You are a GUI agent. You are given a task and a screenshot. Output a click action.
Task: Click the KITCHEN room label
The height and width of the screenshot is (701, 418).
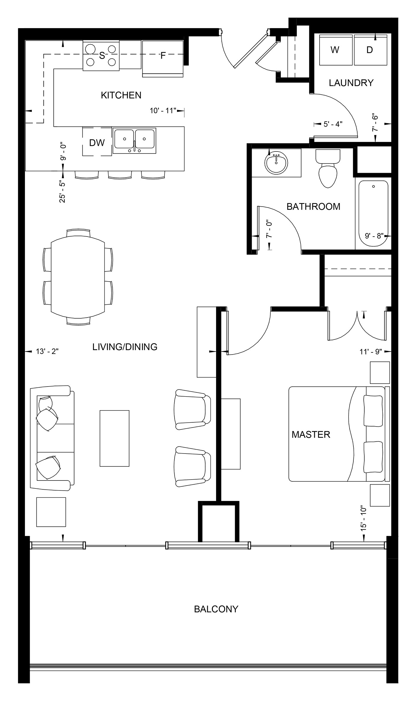pos(121,95)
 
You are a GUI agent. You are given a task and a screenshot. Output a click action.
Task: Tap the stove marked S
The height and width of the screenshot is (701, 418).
pos(101,55)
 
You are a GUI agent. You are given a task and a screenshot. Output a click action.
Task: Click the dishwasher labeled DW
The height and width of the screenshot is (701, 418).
pos(97,142)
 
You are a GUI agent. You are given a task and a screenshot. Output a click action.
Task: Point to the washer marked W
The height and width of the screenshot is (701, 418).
pos(335,50)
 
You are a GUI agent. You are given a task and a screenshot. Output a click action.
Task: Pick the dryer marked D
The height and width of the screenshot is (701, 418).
pos(370,50)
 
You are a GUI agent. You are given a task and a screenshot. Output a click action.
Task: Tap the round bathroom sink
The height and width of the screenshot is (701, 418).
pos(276,163)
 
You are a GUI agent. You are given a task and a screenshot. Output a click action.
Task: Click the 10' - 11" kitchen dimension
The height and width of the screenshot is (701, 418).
pos(163,111)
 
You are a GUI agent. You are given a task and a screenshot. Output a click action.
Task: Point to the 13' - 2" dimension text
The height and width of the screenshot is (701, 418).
pos(47,352)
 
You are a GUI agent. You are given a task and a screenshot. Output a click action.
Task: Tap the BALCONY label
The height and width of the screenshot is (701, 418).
pos(216,609)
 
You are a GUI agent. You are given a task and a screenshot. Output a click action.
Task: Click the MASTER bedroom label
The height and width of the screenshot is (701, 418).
pos(311,435)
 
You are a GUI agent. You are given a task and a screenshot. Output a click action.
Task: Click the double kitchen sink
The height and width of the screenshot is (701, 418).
pos(134,140)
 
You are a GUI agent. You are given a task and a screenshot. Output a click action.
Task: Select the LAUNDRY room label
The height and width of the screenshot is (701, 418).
pos(351,83)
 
